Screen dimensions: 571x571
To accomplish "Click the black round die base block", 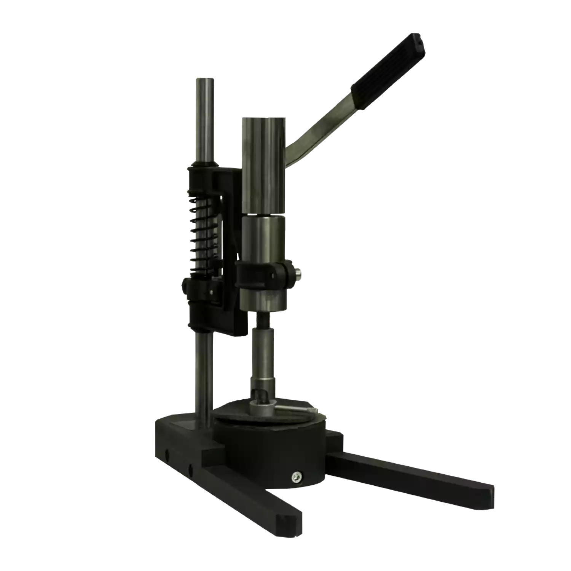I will [266, 449].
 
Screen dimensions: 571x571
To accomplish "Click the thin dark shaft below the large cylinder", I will [263, 320].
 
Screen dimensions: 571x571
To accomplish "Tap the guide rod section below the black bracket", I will [203, 373].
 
